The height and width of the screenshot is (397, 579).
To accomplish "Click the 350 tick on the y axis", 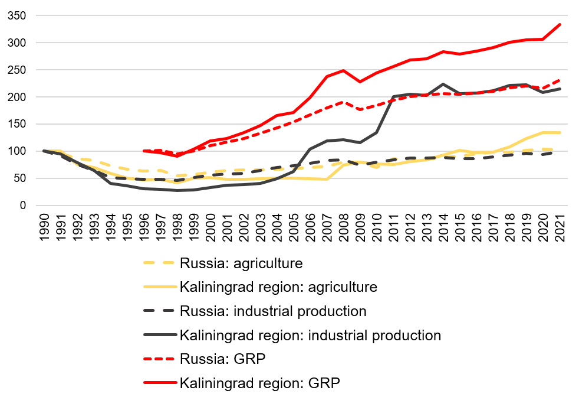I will click(16, 16).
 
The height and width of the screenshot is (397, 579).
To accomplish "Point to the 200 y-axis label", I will click(16, 97).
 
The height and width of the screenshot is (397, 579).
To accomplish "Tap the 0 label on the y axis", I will click(22, 206).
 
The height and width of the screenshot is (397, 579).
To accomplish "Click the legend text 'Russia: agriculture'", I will click(241, 263).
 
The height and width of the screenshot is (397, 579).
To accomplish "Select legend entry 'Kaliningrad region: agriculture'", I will click(278, 287).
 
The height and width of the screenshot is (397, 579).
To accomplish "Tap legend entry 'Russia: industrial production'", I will click(273, 311).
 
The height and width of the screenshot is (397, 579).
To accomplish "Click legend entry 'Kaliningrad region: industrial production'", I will click(310, 336).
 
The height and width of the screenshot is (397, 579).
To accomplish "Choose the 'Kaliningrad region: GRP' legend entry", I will click(259, 383).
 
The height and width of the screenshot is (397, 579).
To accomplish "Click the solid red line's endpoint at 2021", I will click(560, 25).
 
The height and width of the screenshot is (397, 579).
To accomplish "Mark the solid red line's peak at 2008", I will click(343, 70).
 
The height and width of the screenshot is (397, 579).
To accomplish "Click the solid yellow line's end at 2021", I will click(560, 133).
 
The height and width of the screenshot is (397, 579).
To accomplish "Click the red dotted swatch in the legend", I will click(159, 359).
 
